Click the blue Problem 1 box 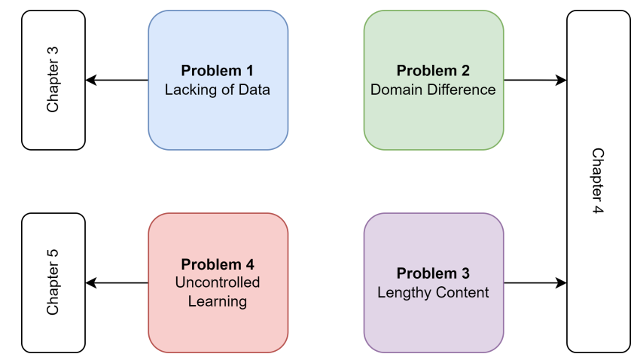pyautogui.click(x=218, y=80)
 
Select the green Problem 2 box pyautogui.click(x=433, y=80)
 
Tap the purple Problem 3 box pyautogui.click(x=433, y=282)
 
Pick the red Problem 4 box pyautogui.click(x=218, y=282)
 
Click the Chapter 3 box pyautogui.click(x=53, y=80)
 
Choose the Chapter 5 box pyautogui.click(x=53, y=282)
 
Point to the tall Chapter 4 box pyautogui.click(x=598, y=181)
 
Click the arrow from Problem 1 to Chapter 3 pyautogui.click(x=117, y=80)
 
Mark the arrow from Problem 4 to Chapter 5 pyautogui.click(x=117, y=282)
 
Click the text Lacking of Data pyautogui.click(x=218, y=90)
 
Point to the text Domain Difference pyautogui.click(x=433, y=90)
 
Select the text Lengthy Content pyautogui.click(x=433, y=292)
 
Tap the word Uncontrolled pyautogui.click(x=218, y=283)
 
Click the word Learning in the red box pyautogui.click(x=218, y=301)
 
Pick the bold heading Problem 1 pyautogui.click(x=218, y=72)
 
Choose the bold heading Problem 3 pyautogui.click(x=433, y=273)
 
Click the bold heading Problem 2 pyautogui.click(x=433, y=72)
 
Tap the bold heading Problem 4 pyautogui.click(x=218, y=265)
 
